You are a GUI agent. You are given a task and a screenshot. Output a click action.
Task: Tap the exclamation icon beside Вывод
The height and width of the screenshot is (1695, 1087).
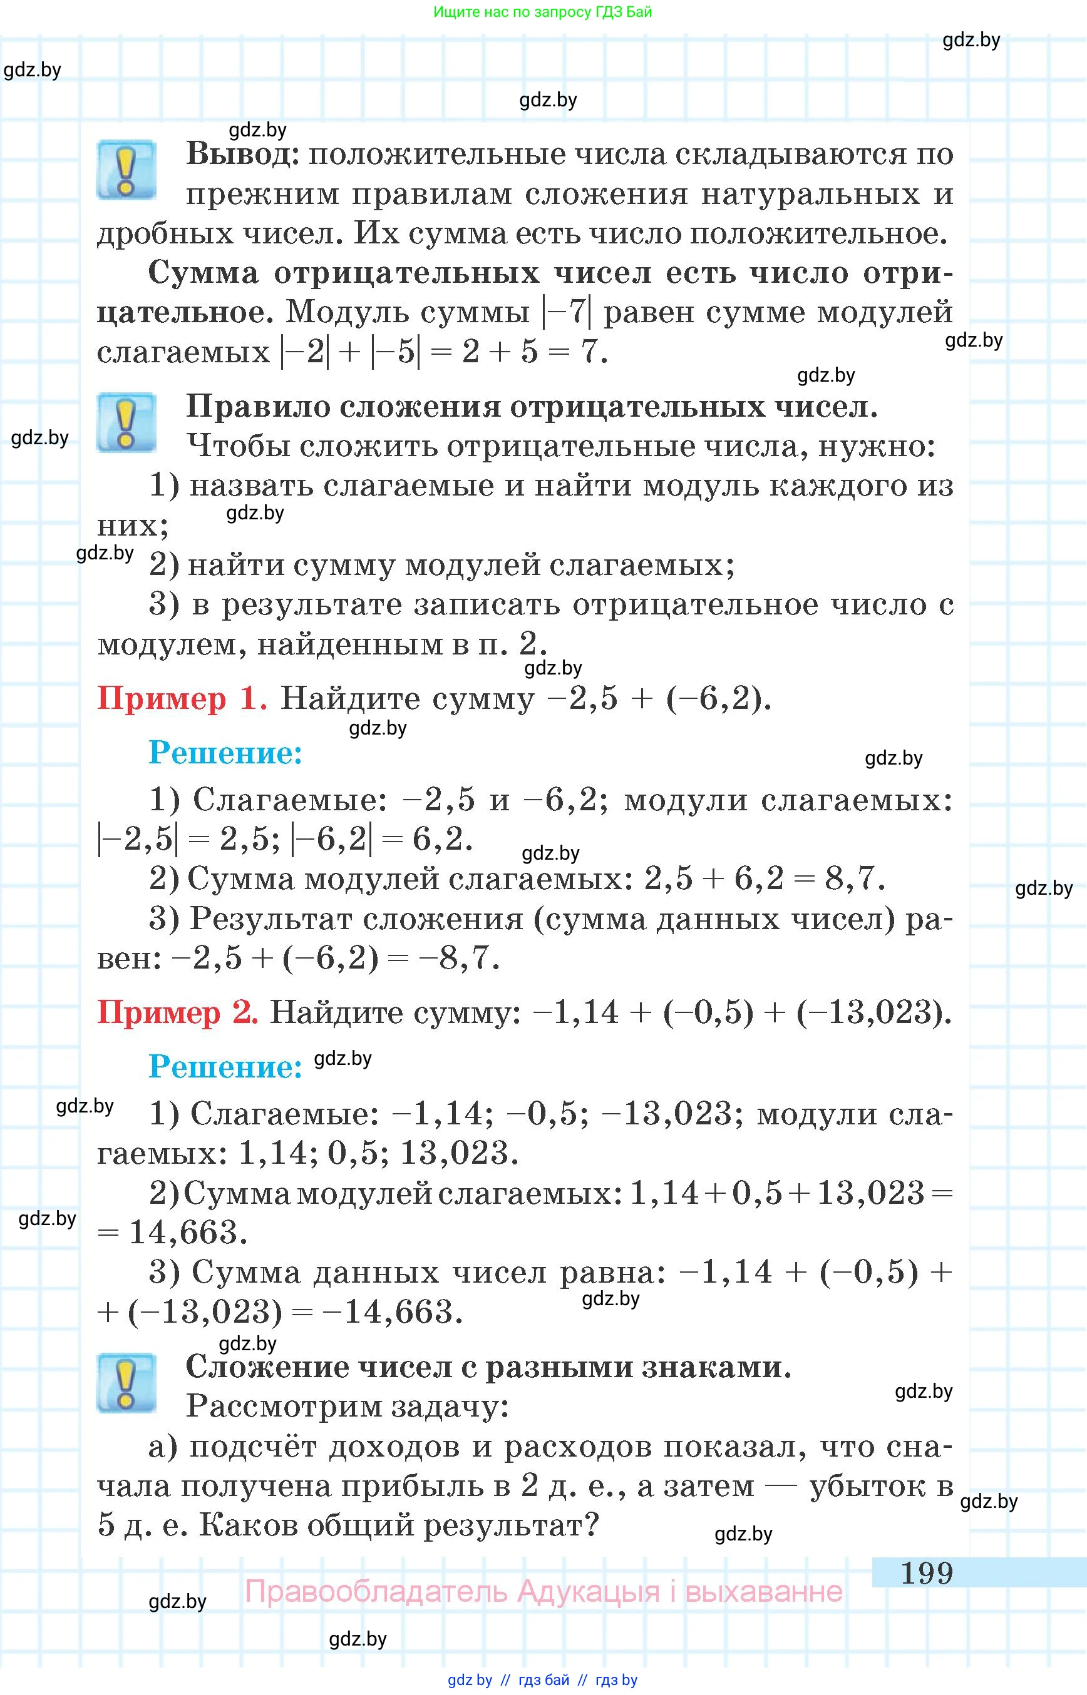point(126,170)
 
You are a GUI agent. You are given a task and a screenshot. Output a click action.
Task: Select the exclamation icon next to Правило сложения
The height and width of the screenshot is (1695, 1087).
point(126,422)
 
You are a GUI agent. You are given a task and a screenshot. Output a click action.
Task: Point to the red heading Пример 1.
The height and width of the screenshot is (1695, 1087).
point(182,698)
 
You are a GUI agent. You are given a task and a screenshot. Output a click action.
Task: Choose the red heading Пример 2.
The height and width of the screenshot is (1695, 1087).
point(177,1012)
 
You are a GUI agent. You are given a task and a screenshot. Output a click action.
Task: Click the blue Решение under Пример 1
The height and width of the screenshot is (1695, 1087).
point(225,753)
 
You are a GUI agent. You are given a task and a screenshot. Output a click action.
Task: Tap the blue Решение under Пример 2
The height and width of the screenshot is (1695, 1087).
point(225,1067)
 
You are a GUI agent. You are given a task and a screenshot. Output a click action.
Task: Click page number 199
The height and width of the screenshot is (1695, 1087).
point(926,1572)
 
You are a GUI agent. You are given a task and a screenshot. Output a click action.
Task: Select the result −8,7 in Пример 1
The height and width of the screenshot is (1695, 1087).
point(458,958)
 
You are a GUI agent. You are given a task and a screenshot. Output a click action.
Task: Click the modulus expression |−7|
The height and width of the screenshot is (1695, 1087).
point(567,312)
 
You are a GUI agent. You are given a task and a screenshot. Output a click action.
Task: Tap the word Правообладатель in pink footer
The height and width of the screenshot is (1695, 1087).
point(376,1592)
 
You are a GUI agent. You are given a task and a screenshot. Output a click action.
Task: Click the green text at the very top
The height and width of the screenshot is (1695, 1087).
point(542,12)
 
